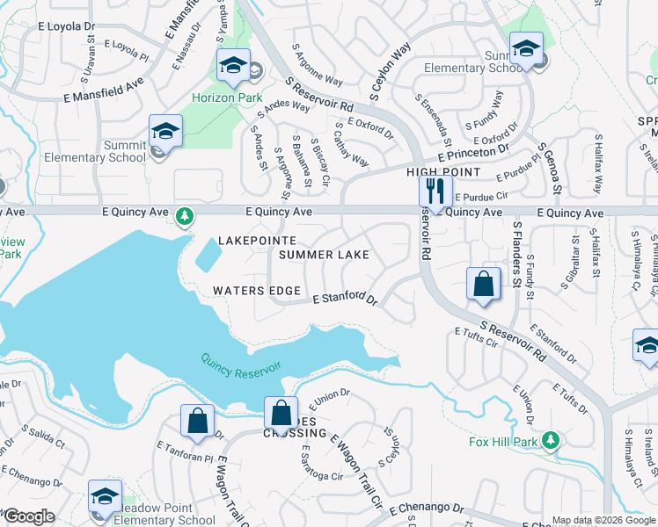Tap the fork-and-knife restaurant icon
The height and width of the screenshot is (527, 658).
435,191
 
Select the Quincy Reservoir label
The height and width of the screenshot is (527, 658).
240,366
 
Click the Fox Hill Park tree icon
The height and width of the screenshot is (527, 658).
551,439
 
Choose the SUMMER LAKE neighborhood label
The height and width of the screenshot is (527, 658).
324,255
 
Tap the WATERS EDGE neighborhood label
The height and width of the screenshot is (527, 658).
257,291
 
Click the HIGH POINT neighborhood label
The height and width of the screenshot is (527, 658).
443,172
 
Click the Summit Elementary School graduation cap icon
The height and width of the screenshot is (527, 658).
165,131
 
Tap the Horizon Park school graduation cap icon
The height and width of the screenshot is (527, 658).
233,65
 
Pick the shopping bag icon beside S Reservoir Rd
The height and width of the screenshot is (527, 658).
483,284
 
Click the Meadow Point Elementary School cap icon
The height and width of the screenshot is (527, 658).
106,496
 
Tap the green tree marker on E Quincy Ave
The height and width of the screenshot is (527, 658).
184,215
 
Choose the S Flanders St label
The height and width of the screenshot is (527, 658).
517,254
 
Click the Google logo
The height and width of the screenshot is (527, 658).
30,517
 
